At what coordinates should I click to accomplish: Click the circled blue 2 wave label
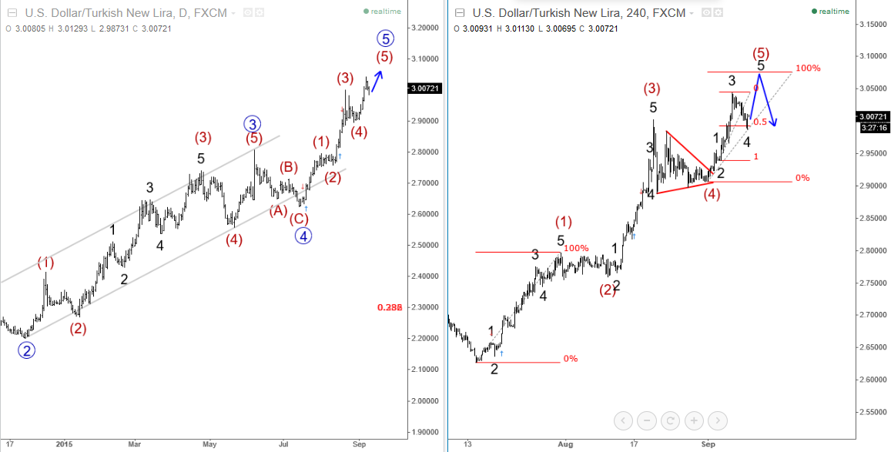point(27,350)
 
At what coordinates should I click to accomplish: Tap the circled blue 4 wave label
point(303,236)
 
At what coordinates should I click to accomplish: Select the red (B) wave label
point(289,167)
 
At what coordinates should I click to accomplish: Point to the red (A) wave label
point(278,210)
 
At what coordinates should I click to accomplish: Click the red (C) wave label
point(299,218)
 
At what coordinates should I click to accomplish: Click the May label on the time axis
point(210,444)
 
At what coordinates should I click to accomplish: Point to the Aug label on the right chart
point(566,444)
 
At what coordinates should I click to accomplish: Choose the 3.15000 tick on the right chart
point(873,24)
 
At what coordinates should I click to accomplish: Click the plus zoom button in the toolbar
point(694,420)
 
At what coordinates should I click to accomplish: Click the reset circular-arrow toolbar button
point(671,420)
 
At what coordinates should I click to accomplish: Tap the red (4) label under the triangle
point(712,193)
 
